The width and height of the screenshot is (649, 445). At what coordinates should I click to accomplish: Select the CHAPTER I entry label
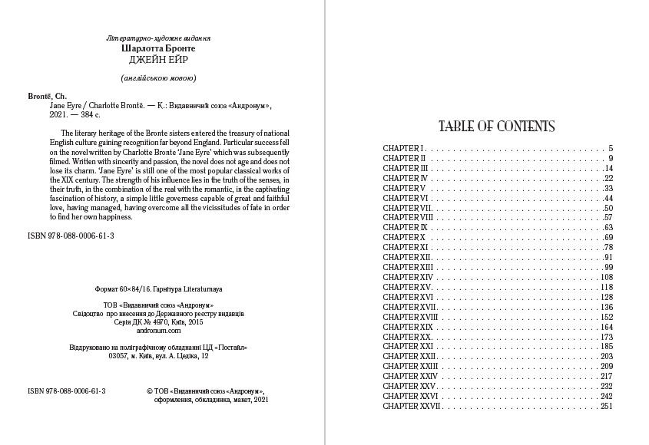[x=403, y=148]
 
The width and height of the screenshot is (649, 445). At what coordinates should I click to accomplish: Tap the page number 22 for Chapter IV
[x=608, y=178]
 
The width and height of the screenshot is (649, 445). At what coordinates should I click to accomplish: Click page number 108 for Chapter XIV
[x=606, y=278]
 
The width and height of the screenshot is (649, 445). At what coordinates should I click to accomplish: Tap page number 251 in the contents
[x=606, y=407]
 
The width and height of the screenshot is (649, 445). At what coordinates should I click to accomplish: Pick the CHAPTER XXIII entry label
[x=409, y=367]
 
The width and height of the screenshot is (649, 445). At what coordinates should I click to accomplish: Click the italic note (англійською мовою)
[x=160, y=78]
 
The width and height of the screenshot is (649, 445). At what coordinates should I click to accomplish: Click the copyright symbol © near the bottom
[x=149, y=391]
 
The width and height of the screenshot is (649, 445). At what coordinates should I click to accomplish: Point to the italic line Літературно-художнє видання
[x=160, y=38]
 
